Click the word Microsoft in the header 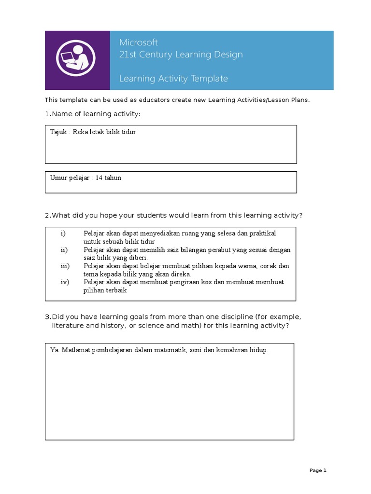click(x=139, y=42)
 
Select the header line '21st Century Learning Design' click(x=181, y=55)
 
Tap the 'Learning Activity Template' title click(x=173, y=79)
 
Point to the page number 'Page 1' click(x=318, y=470)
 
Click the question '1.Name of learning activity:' click(x=92, y=114)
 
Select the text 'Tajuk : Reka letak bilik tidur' click(x=93, y=132)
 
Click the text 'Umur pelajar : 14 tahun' click(x=86, y=178)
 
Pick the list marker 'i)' click(x=63, y=233)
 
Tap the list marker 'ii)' click(x=64, y=249)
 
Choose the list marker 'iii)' click(x=65, y=266)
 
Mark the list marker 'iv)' click(x=65, y=282)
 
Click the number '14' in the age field click(x=100, y=178)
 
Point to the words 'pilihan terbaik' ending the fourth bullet click(x=105, y=290)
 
